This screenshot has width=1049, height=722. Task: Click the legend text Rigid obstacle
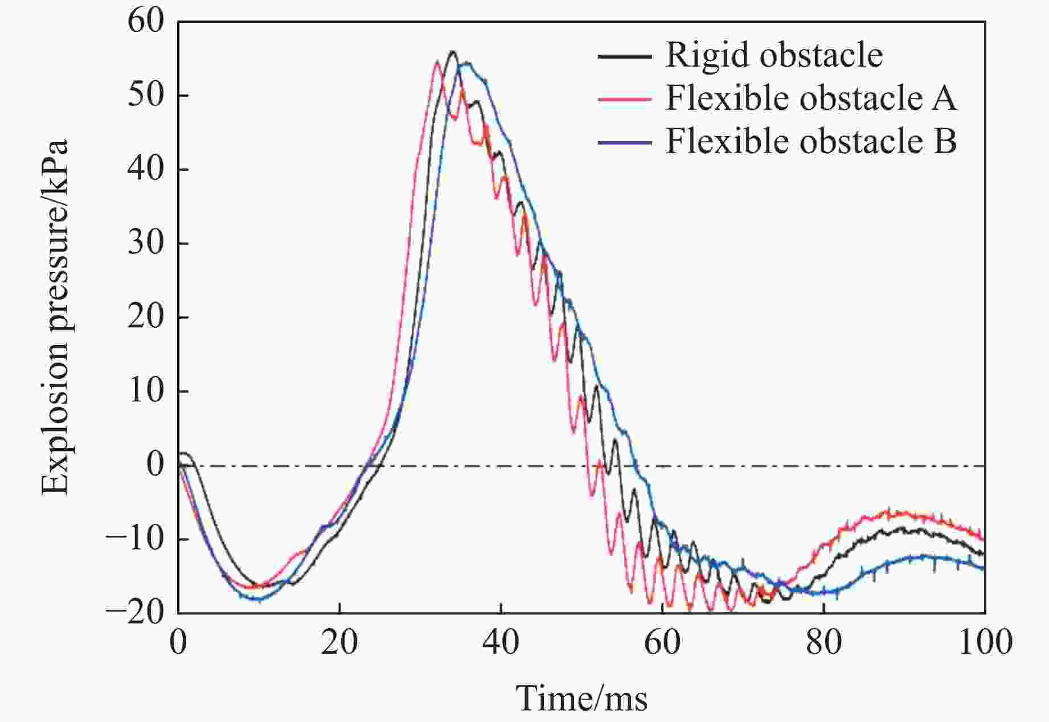774,55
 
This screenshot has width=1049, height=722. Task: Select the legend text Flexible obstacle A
811,98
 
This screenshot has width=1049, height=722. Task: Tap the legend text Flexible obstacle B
811,141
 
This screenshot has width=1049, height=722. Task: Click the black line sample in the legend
625,56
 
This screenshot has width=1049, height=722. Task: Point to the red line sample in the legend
625,99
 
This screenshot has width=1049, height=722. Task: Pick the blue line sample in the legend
625,141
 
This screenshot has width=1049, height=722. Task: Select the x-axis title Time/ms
581,698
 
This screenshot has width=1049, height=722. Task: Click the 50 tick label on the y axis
145,96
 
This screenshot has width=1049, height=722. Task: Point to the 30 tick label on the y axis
145,243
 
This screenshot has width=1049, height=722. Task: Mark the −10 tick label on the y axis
135,539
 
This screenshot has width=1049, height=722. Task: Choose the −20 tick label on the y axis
135,613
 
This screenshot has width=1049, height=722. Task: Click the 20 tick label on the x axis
339,642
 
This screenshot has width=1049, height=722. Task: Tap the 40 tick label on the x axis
501,642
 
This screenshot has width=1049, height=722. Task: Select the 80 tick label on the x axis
823,642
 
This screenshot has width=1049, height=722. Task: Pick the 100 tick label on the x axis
984,642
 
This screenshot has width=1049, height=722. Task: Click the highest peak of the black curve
453,52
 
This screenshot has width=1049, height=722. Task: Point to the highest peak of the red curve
437,61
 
